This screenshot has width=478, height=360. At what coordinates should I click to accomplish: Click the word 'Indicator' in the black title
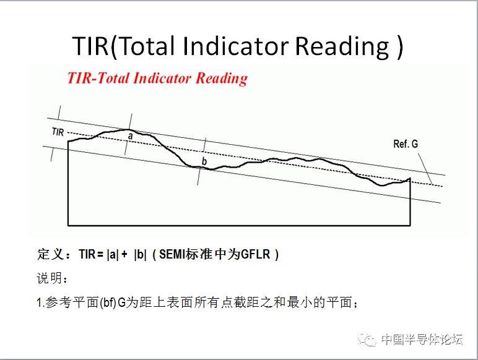236,46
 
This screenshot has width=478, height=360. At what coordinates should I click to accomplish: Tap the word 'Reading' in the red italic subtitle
222,79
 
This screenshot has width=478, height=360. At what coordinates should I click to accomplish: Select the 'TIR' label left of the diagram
58,132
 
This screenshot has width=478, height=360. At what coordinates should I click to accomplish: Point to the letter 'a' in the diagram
131,136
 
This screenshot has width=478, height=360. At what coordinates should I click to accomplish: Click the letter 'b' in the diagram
204,161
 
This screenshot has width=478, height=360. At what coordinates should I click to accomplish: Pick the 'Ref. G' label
406,144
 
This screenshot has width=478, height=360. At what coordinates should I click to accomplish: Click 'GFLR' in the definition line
256,254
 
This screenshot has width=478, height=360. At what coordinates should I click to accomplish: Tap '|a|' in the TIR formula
113,254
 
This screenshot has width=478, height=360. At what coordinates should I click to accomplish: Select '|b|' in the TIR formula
140,254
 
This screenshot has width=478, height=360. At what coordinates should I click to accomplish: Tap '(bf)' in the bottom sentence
108,302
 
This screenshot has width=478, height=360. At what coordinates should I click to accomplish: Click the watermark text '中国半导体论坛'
422,340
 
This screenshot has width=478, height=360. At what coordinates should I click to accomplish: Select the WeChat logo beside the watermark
367,340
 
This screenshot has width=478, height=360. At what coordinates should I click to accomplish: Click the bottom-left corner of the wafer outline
68,226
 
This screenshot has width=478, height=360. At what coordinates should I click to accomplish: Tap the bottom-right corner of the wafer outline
411,226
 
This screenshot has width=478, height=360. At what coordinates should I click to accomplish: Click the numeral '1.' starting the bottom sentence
40,302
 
